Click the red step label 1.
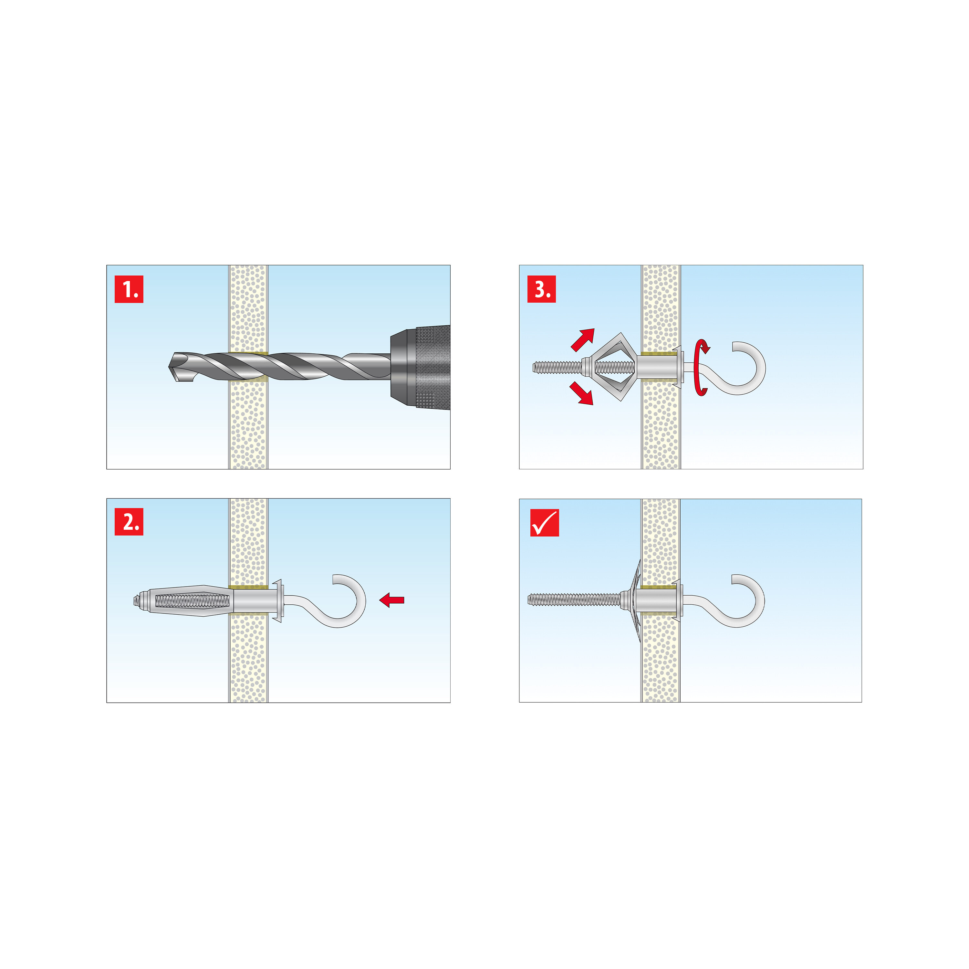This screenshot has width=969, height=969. (129, 289)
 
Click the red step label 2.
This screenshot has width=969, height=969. (129, 522)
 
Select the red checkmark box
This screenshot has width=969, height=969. (545, 523)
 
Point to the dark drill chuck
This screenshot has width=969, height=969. (420, 367)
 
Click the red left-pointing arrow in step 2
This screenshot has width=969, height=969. (392, 600)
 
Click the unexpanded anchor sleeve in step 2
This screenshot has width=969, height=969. (183, 600)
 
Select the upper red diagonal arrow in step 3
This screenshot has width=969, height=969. (583, 339)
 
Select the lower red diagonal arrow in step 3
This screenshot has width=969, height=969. (582, 393)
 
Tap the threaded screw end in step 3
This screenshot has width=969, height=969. (557, 368)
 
